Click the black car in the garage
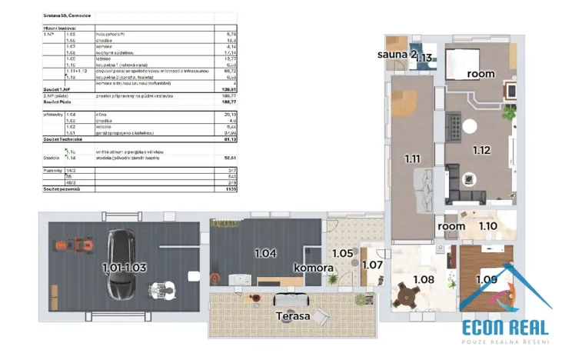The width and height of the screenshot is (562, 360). coord(121,265)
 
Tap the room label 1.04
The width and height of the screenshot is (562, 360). coord(264,252)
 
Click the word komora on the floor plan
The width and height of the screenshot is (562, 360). coord(313,268)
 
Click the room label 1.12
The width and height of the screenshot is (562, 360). coord(482,150)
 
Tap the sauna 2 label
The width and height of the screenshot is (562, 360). coord(397,55)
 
